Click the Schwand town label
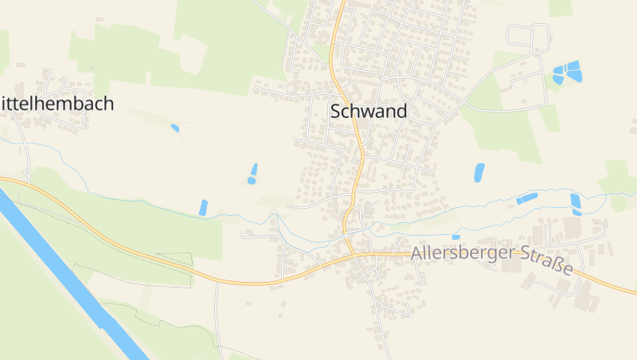(368, 112)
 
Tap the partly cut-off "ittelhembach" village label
(57, 104)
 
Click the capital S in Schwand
(335, 112)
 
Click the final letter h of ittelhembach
(108, 104)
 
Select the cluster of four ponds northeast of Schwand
(566, 73)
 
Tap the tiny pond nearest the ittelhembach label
(175, 127)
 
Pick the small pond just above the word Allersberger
(455, 237)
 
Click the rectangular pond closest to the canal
(203, 207)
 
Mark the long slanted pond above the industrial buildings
(526, 198)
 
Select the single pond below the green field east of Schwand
(479, 172)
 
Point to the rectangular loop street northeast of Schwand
(530, 36)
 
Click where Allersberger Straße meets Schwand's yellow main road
(353, 256)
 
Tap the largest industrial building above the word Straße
(573, 227)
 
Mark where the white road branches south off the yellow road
(217, 282)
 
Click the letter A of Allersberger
(417, 254)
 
